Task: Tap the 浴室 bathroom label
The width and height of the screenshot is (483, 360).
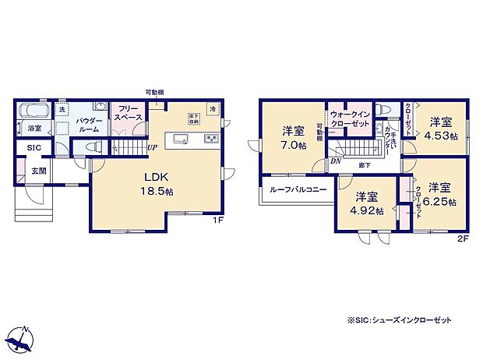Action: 34,127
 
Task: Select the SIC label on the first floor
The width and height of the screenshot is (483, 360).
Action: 34,147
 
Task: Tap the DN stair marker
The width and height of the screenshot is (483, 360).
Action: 335,161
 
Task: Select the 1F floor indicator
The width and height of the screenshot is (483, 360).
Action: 219,221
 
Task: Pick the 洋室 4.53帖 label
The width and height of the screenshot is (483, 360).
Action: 441,128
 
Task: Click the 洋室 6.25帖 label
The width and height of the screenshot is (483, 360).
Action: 440,194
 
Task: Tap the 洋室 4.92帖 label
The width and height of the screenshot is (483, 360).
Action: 368,203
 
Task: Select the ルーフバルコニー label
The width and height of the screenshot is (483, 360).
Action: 293,189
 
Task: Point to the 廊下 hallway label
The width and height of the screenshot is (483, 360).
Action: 365,164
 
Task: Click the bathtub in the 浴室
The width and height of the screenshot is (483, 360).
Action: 33,111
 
